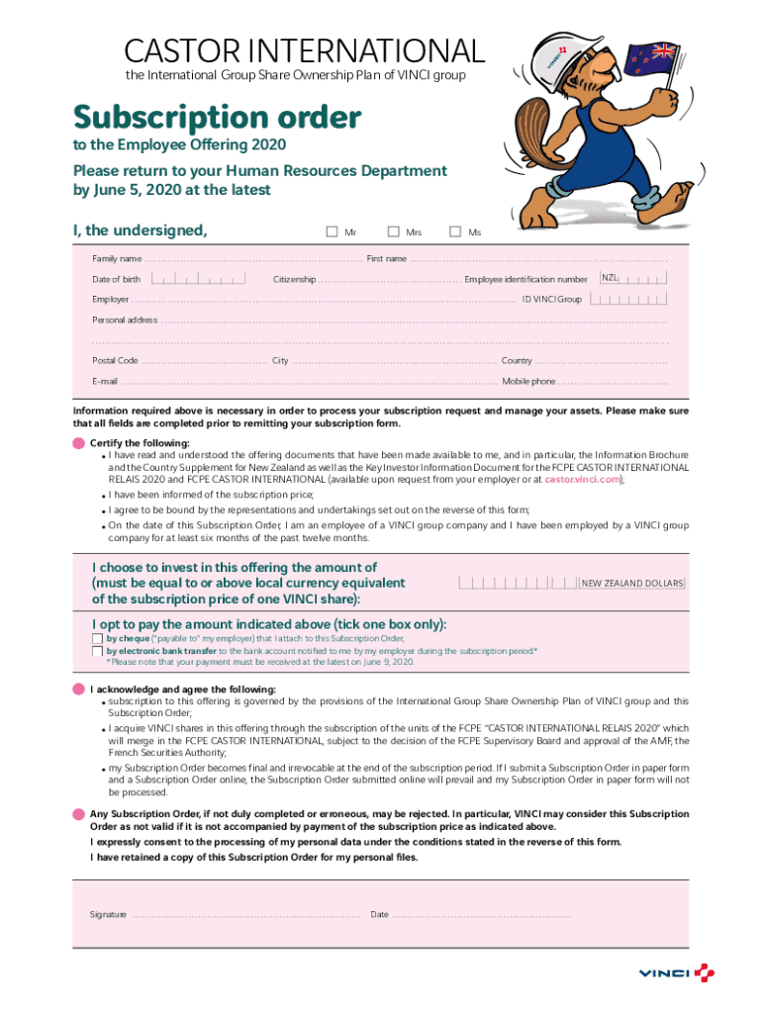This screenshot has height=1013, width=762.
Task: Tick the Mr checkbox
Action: coord(333,231)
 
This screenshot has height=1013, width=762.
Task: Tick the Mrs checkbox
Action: coord(393,231)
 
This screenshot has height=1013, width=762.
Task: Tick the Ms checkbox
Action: coord(455,231)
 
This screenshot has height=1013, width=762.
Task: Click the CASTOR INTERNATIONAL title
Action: coord(305,50)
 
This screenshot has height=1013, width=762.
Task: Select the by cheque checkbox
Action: coord(97,638)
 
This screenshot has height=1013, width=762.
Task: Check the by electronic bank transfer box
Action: coord(97,651)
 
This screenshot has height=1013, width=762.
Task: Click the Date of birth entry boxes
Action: coord(206,279)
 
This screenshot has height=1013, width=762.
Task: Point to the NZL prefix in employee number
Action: coord(610,279)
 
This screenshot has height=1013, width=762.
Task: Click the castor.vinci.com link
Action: coord(583,479)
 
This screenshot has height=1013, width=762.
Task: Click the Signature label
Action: coord(108,914)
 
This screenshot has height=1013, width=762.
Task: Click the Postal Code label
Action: coord(115,361)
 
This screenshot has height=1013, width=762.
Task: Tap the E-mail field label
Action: coord(105,382)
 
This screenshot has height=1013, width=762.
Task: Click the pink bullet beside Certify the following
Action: coord(78,442)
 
